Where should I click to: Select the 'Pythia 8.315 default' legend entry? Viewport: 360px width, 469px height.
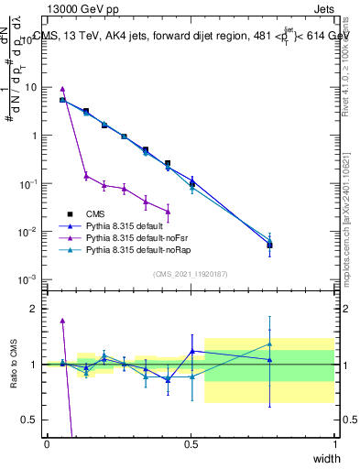(x=126, y=225)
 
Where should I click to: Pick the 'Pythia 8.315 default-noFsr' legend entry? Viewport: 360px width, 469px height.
(x=137, y=237)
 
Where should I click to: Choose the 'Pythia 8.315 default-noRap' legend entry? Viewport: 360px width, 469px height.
(x=139, y=249)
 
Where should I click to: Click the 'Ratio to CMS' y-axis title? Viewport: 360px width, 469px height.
(x=14, y=365)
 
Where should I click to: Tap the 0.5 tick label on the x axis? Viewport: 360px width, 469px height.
(x=191, y=443)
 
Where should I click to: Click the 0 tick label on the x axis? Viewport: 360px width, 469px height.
(x=47, y=443)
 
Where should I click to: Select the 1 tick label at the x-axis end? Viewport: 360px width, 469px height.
(x=334, y=443)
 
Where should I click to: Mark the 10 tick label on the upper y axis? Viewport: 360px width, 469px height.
(x=31, y=87)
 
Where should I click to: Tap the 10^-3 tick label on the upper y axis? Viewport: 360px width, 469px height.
(x=29, y=279)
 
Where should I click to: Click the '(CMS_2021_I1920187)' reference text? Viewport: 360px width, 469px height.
(x=191, y=274)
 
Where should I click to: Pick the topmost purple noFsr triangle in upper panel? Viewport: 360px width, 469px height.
(x=62, y=90)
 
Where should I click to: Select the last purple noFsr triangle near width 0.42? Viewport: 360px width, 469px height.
(x=168, y=211)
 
